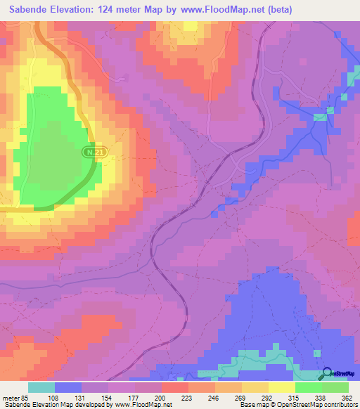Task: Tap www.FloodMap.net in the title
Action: pyautogui.click(x=217, y=10)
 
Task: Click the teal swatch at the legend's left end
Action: pyautogui.click(x=41, y=387)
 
